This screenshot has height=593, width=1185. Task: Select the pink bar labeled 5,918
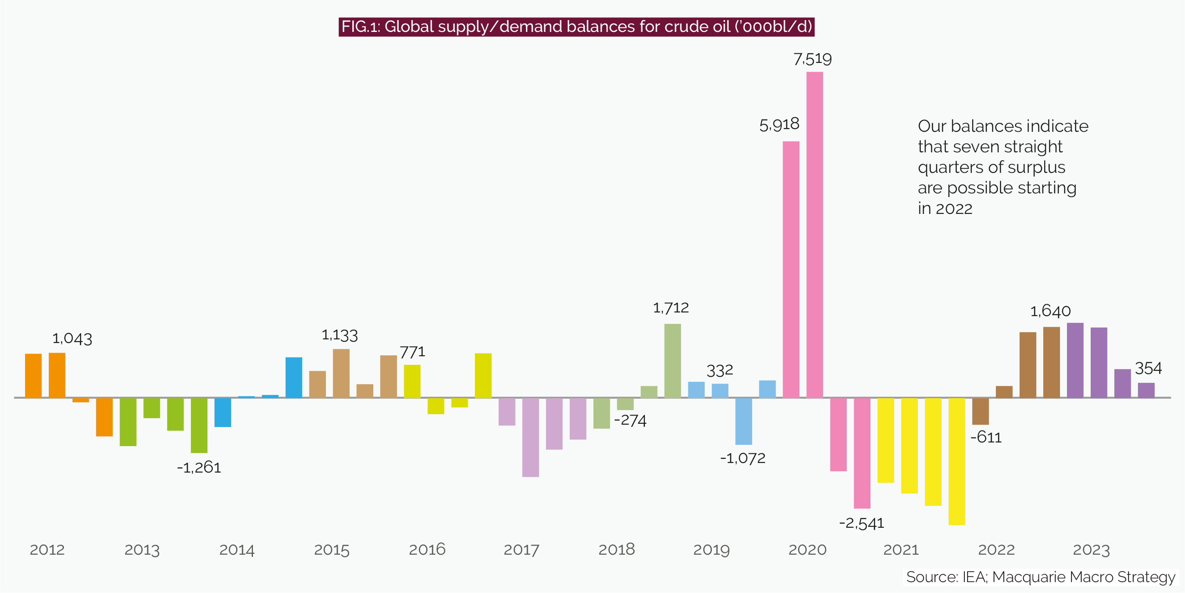(x=791, y=269)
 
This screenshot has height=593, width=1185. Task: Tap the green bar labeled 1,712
(x=672, y=361)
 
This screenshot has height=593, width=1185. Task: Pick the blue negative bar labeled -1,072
(x=743, y=421)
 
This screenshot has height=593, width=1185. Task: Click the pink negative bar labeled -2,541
(x=861, y=453)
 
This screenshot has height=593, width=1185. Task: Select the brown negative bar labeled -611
(x=980, y=411)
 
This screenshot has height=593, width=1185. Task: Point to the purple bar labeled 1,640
(x=1075, y=360)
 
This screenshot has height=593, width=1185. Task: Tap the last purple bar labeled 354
(x=1146, y=390)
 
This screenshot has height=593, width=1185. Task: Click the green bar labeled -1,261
(x=199, y=426)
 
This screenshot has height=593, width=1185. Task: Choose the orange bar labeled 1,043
(x=57, y=375)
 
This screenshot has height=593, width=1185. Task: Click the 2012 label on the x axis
(x=47, y=550)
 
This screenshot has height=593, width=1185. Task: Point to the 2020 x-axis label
(x=807, y=550)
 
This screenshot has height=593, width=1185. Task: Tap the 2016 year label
(x=427, y=550)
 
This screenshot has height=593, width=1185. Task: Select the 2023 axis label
(x=1091, y=550)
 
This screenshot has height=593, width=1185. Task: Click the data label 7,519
(x=812, y=59)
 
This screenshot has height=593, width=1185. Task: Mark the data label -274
(x=630, y=421)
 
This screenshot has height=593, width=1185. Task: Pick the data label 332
(x=720, y=370)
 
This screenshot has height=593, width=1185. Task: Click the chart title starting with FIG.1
(x=577, y=27)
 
